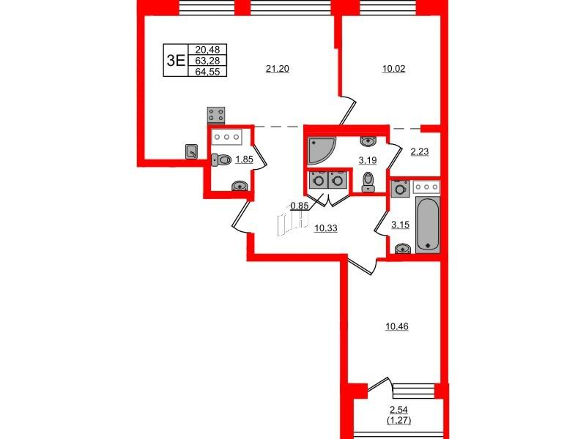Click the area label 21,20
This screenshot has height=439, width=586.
pos(278,69)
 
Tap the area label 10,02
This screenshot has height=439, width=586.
pos(393,69)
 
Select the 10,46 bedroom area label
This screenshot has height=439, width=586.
pos(397,326)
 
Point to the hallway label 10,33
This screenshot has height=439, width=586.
pos(326,228)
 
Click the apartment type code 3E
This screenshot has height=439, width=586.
pos(176,60)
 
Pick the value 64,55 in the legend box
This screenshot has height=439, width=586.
pos(207,71)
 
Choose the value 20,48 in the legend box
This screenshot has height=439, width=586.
pos(207,49)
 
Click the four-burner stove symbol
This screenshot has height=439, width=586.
pos(216,115)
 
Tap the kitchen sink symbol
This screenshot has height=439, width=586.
pos(192,151)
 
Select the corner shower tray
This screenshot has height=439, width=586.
pos(321,150)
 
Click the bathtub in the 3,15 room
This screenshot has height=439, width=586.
pos(428,225)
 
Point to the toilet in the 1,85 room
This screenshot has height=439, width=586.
pos(221,160)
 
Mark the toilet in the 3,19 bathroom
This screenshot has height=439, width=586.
pos(368,181)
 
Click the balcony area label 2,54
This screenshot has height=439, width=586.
pos(399,410)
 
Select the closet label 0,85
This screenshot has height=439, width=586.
pos(300,206)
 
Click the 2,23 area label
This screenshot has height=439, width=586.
pos(419,151)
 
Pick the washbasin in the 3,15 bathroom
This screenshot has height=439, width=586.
pos(402,248)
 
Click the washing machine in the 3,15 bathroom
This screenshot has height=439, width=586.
pos(400,189)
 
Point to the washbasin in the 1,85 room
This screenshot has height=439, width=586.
pos(240,186)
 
